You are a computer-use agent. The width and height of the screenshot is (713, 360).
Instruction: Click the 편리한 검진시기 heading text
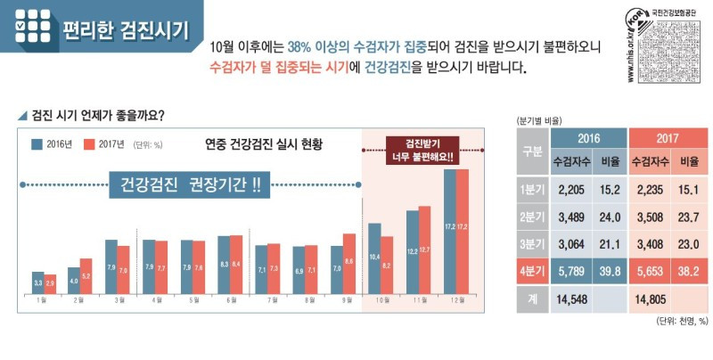125,30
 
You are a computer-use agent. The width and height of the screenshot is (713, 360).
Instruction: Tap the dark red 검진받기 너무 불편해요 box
422,150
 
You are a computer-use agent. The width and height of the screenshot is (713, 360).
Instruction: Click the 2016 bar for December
449,231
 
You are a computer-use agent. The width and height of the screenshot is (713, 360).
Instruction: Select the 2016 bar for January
37,282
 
